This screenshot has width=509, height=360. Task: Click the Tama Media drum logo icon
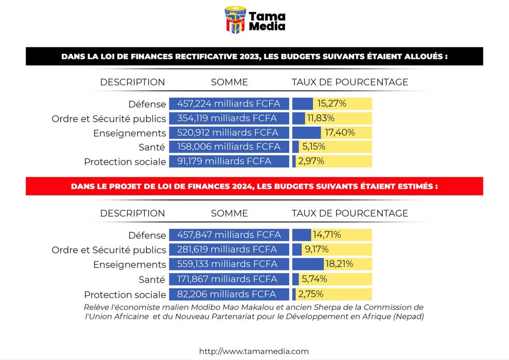[236, 20]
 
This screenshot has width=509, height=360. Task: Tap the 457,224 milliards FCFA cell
[229, 104]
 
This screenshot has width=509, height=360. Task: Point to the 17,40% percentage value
[340, 133]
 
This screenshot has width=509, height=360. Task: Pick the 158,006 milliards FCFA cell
[229, 147]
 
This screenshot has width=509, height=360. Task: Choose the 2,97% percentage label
[311, 161]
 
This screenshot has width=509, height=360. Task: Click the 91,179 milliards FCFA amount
[224, 161]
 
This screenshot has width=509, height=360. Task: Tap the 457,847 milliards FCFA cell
[229, 235]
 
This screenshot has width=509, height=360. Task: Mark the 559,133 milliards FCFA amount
[229, 264]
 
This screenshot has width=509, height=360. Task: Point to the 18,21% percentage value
[339, 264]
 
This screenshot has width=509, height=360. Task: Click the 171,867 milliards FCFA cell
[229, 279]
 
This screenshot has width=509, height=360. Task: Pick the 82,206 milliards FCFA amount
[224, 294]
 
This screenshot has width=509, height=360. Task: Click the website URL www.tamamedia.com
[254, 351]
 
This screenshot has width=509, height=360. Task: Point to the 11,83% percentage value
[321, 118]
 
